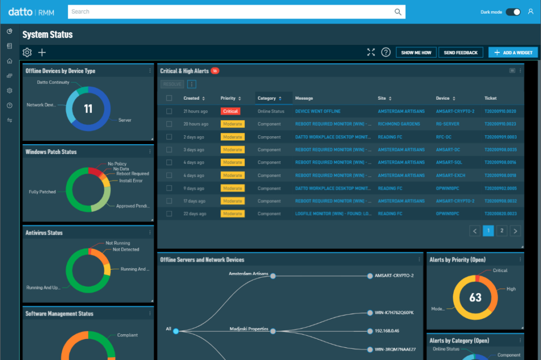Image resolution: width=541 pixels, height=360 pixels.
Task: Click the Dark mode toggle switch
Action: point(513,12)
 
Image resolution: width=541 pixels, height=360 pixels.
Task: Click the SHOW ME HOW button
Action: point(416,52)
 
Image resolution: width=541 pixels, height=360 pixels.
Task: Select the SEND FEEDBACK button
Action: point(460,52)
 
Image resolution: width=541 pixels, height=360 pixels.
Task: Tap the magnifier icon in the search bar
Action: point(398,12)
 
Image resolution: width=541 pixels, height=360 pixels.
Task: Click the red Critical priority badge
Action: point(230,111)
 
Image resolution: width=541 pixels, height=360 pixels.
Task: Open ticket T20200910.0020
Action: point(500,111)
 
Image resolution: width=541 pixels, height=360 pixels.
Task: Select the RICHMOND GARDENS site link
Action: point(399,124)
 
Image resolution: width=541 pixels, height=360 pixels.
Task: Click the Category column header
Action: point(267,98)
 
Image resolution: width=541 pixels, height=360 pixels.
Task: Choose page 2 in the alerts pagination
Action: point(502,231)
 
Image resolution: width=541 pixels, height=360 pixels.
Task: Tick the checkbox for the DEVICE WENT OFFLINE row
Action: point(169,111)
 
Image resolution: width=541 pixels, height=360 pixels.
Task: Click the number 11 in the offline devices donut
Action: point(88,109)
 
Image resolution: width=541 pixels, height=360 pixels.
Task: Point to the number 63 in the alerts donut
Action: point(475,298)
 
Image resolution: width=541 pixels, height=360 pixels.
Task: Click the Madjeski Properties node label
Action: point(249,328)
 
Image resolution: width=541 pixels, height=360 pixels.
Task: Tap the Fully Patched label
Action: point(42,192)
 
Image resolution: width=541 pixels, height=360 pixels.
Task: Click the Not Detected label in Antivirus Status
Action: point(126,250)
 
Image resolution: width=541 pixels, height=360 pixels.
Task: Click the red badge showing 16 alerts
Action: point(215,71)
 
